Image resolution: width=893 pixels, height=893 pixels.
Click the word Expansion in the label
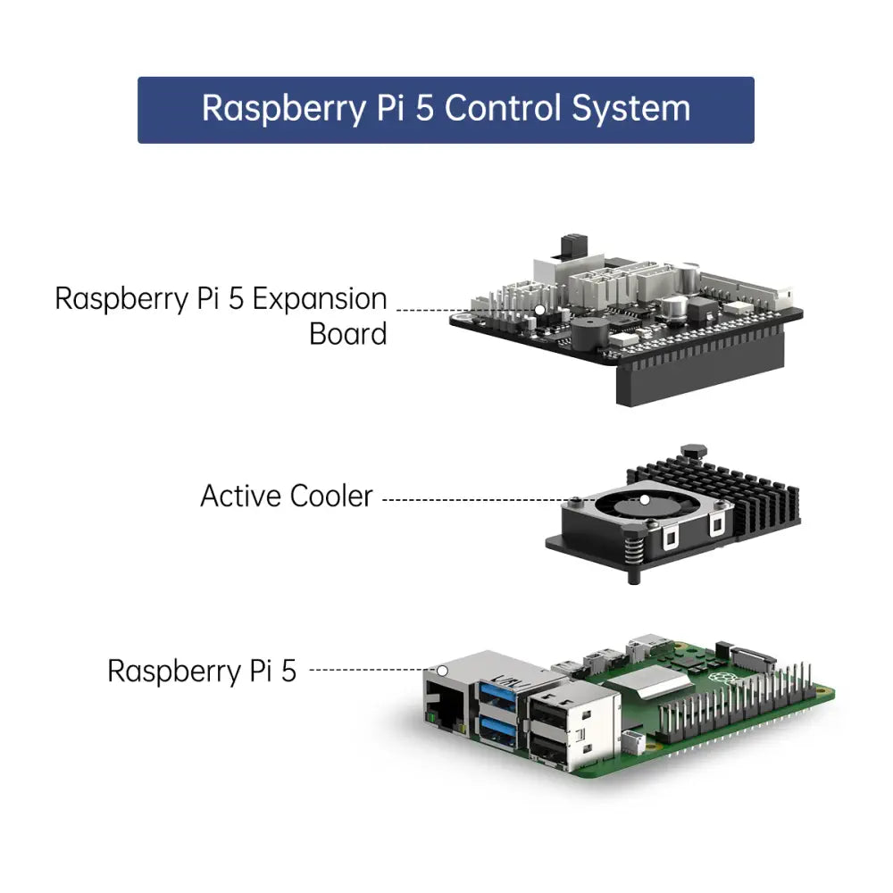click(320, 298)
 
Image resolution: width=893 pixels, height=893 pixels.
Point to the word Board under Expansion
click(347, 335)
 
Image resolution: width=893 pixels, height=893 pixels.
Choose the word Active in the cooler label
click(239, 497)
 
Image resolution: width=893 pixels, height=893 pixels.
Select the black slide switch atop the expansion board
click(566, 246)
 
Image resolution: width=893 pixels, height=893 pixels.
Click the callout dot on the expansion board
click(539, 310)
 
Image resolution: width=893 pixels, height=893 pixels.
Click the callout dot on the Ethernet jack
click(441, 669)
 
